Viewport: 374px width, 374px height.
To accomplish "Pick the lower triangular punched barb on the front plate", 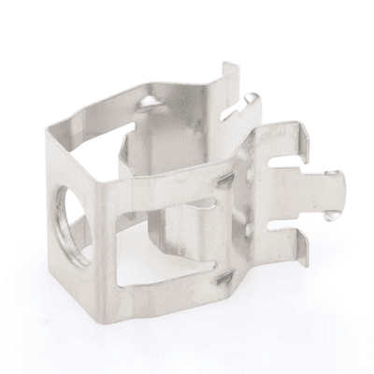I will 222,278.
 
